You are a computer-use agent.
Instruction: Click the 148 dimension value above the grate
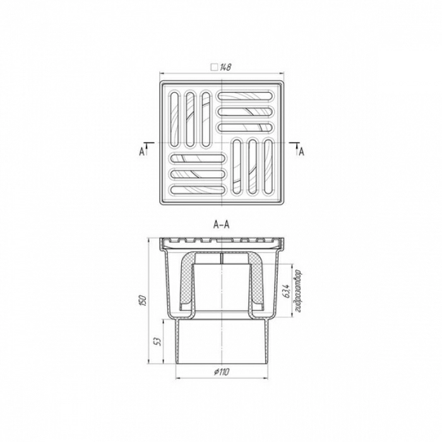(x=226, y=68)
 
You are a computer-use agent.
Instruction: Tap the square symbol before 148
(x=215, y=68)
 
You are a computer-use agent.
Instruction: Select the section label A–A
(x=222, y=225)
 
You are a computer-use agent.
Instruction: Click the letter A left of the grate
(x=141, y=152)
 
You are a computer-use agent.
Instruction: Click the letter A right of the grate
(x=301, y=152)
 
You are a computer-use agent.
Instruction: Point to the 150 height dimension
(x=143, y=301)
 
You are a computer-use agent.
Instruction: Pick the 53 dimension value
(x=158, y=342)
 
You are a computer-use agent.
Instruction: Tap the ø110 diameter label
(x=222, y=373)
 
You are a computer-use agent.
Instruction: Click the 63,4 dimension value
(x=287, y=291)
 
